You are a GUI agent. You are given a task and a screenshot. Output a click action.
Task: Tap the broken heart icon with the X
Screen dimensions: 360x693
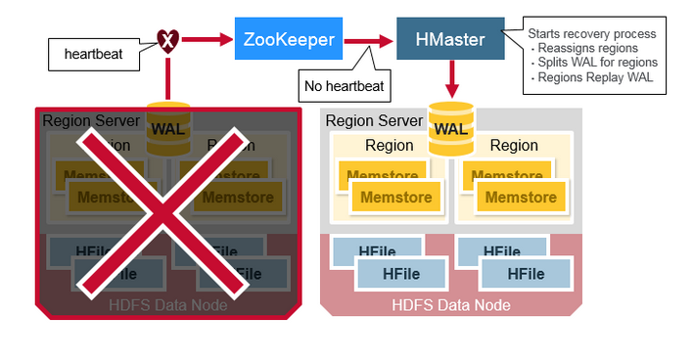tap(168, 40)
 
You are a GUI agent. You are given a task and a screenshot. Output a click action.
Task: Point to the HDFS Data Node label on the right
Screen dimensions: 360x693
tap(451, 305)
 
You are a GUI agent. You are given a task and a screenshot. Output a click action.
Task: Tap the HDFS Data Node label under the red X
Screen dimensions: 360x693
tap(168, 305)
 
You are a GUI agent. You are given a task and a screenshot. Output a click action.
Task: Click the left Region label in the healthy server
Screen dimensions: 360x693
tap(389, 145)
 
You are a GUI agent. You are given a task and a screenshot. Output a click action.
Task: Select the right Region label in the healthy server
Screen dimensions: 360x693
tap(513, 145)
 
